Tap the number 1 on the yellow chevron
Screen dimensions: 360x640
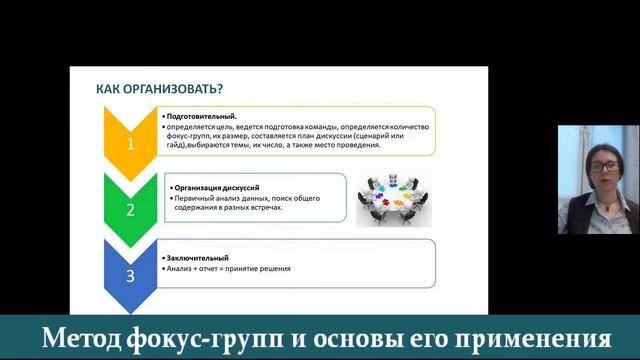(129, 143)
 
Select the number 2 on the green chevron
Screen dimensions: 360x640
(129, 210)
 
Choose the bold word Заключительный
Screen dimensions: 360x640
(197, 258)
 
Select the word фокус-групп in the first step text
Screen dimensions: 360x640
(187, 136)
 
